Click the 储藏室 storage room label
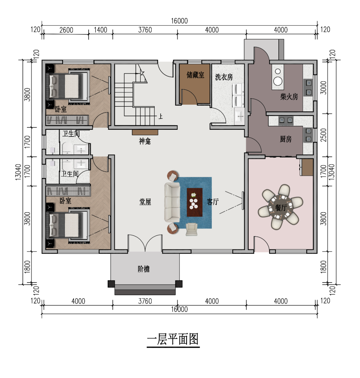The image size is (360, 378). [195, 75]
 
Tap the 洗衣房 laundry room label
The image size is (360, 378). [224, 77]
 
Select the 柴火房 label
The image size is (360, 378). [289, 97]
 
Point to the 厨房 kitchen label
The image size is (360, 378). [286, 139]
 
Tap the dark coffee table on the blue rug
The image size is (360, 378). [195, 203]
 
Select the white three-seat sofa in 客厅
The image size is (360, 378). [172, 203]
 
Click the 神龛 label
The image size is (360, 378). [145, 141]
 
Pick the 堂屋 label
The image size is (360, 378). [145, 202]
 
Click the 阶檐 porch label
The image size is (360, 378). [144, 269]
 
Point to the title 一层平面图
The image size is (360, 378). [173, 340]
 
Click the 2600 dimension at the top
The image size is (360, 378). [66, 30]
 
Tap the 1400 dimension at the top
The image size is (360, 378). [100, 30]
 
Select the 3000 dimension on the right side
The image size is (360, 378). [324, 87]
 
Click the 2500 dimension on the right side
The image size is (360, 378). [324, 135]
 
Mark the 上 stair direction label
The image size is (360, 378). [161, 116]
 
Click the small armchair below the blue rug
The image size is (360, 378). [192, 229]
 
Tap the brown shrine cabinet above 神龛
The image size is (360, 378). [145, 132]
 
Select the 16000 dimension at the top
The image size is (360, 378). [179, 21]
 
